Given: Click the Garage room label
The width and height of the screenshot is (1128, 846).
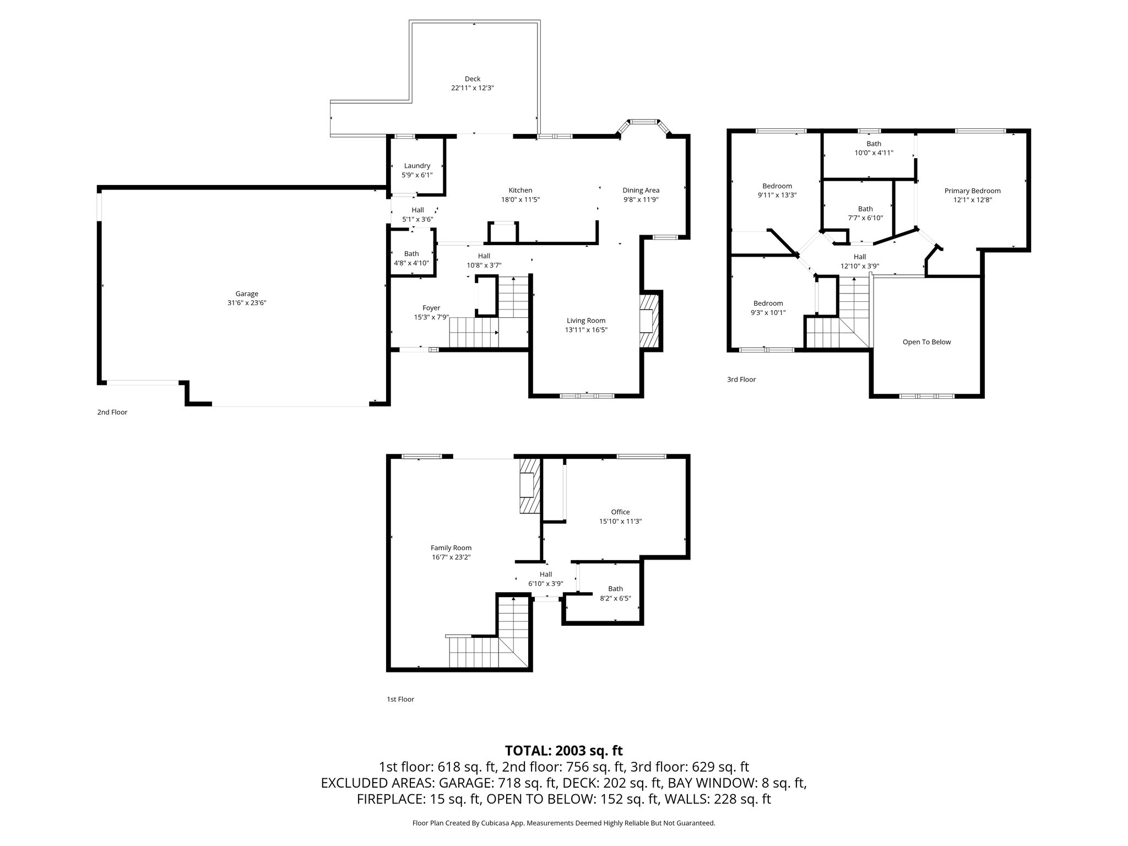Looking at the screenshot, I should [247, 294].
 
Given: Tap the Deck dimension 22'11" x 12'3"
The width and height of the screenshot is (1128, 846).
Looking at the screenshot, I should [472, 88].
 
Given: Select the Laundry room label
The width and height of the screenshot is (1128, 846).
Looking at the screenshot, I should [417, 166].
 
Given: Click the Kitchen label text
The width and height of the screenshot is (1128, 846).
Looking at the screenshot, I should [520, 191].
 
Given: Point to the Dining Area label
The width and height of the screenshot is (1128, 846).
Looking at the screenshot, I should [641, 191].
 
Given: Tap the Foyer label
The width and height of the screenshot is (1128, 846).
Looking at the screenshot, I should [431, 308].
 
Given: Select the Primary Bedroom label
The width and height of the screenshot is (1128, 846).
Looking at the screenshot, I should [972, 191].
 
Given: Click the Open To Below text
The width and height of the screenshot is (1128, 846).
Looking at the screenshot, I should [926, 342].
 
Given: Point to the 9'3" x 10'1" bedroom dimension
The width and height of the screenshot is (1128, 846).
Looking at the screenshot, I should [768, 313].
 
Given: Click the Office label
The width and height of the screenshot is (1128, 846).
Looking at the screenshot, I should [620, 512].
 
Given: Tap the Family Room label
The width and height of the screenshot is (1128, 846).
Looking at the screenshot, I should [451, 547].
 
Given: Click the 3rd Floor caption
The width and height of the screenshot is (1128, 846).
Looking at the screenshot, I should [741, 379].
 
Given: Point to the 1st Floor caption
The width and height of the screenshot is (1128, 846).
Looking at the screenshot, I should [400, 699].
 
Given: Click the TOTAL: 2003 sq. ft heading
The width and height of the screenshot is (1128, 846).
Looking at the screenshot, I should [563, 751].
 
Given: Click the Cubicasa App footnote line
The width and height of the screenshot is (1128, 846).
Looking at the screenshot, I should [563, 823].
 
